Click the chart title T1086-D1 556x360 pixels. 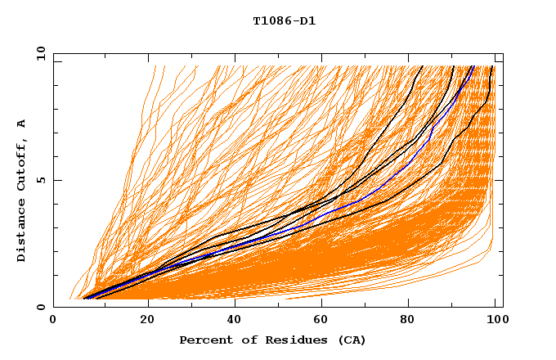(x=285, y=20)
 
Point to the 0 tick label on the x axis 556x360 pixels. (x=53, y=321)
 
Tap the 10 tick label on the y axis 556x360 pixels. (x=39, y=53)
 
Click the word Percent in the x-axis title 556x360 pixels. (x=202, y=340)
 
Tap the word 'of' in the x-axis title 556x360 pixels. (x=240, y=340)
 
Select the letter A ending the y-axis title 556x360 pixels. (x=21, y=124)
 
